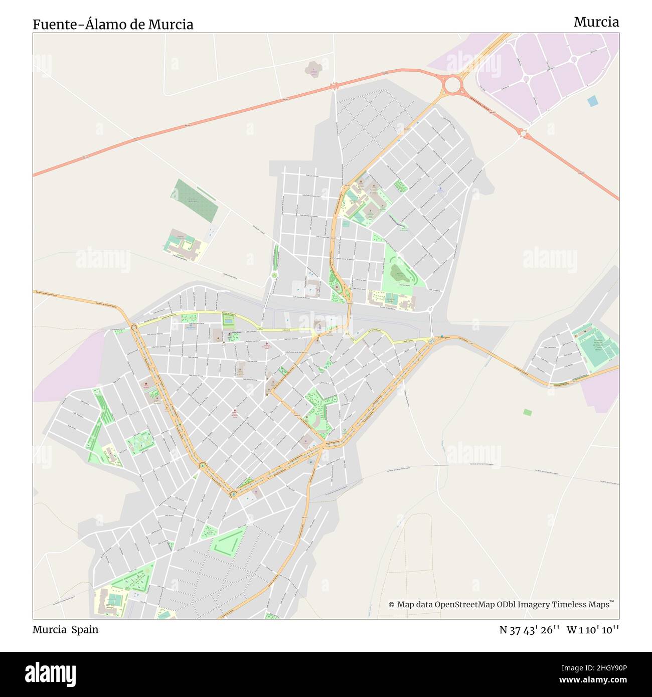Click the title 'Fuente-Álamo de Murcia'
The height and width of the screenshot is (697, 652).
click(x=113, y=24)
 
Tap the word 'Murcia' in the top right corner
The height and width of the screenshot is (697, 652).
click(x=596, y=22)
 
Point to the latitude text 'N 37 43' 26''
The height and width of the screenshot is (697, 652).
click(x=529, y=630)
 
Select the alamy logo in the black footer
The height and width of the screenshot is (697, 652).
click(x=51, y=673)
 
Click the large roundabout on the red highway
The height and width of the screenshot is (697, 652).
click(x=452, y=85)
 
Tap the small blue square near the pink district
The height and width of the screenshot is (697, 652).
click(x=593, y=101)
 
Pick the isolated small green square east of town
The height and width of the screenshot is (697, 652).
click(x=527, y=412)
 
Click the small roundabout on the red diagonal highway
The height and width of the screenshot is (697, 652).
click(x=524, y=133)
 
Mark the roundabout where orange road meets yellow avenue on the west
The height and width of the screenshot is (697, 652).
click(x=134, y=327)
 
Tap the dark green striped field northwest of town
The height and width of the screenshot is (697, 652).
click(x=195, y=201)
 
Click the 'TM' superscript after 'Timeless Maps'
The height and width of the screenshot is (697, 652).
click(x=611, y=601)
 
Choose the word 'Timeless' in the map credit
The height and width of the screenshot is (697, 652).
click(x=571, y=605)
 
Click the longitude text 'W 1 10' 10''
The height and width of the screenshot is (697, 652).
click(x=593, y=630)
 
